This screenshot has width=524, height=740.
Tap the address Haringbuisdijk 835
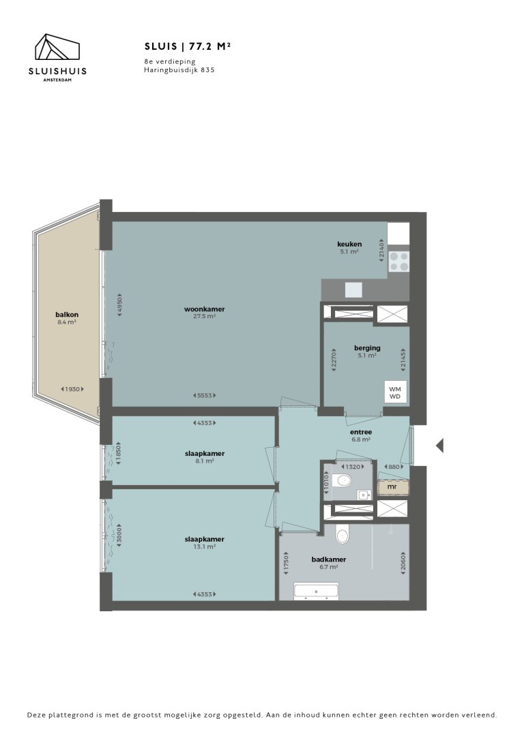(179, 70)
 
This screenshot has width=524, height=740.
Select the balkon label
(67, 314)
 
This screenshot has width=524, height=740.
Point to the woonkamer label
(204, 309)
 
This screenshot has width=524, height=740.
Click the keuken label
(349, 244)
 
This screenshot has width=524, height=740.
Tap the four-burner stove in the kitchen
(399, 262)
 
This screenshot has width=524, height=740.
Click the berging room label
(366, 348)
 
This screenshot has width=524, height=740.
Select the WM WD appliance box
(394, 392)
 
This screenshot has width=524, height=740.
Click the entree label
(361, 431)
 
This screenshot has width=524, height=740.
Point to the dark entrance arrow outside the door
(440, 446)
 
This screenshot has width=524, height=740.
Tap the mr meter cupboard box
(392, 487)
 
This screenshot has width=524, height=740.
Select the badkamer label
(328, 559)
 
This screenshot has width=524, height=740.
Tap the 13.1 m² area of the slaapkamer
(205, 546)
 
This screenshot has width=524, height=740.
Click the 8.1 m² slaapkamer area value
(205, 461)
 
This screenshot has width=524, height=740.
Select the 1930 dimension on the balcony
(73, 389)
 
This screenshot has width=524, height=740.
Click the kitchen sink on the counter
(353, 290)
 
